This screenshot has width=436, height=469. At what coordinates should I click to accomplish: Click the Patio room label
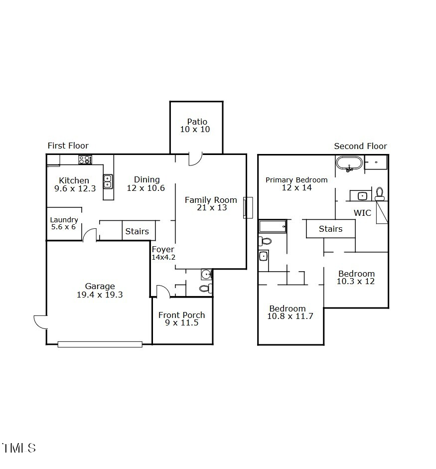click(197, 122)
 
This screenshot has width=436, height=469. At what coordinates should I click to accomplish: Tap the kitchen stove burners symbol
click(85, 160)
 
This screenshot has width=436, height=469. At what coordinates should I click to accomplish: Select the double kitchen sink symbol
click(108, 181)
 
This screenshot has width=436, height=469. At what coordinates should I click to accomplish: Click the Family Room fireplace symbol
click(248, 208)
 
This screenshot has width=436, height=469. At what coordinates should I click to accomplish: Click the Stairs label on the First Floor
click(137, 231)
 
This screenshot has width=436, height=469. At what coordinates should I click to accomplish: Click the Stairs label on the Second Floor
click(330, 229)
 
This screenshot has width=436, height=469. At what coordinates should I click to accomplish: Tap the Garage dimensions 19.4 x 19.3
click(100, 295)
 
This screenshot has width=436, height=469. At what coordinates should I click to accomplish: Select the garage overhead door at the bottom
click(100, 344)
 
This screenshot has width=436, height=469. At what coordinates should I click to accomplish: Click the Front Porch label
click(181, 315)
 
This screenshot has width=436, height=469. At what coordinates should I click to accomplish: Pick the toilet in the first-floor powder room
click(205, 288)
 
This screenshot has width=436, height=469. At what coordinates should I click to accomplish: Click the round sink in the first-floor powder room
click(206, 274)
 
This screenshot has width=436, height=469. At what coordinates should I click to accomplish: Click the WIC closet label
click(362, 213)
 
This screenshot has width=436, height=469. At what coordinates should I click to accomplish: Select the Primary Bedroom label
click(296, 180)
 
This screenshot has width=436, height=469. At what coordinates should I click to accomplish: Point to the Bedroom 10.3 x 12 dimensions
click(356, 281)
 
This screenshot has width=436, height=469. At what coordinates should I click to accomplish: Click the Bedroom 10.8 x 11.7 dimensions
click(290, 316)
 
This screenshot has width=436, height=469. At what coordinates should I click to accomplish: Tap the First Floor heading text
click(68, 146)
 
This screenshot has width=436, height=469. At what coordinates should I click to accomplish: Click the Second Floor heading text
click(360, 146)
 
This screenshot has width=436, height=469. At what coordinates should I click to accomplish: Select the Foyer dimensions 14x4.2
click(163, 258)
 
